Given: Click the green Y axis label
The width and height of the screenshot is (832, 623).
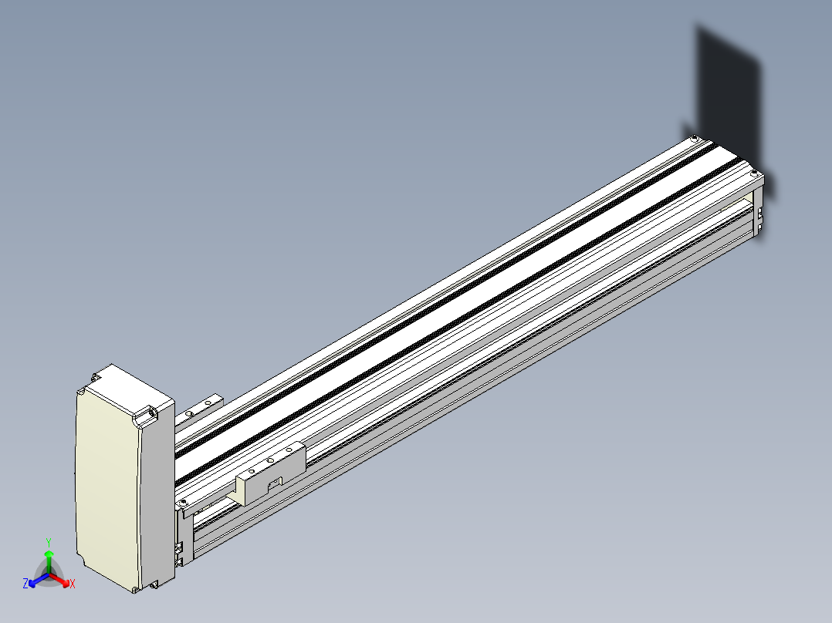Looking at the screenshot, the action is point(49,542).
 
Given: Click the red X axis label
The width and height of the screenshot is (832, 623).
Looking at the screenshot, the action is point(73,584).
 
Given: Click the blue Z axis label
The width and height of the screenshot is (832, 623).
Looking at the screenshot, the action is point(25,583).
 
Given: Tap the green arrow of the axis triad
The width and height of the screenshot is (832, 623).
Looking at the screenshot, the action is point(49,561).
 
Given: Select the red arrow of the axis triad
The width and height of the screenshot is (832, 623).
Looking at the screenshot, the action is point(59,580).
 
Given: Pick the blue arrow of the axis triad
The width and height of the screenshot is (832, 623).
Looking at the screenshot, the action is point(39,580).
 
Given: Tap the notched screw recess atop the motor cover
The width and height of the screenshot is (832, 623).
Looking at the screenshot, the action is point(145,416).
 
